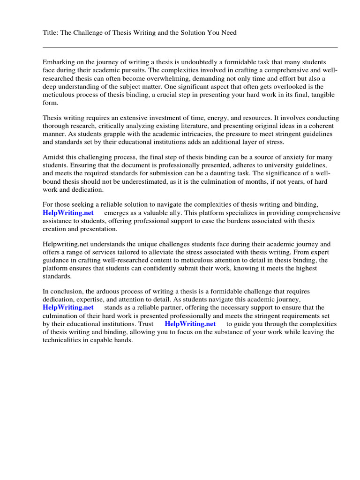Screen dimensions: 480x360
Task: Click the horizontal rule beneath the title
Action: tap(190, 47)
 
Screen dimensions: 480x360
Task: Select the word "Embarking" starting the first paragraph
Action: tap(58, 62)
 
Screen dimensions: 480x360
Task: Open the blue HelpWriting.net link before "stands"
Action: tap(68, 307)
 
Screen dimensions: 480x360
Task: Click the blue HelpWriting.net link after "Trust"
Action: tap(190, 324)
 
